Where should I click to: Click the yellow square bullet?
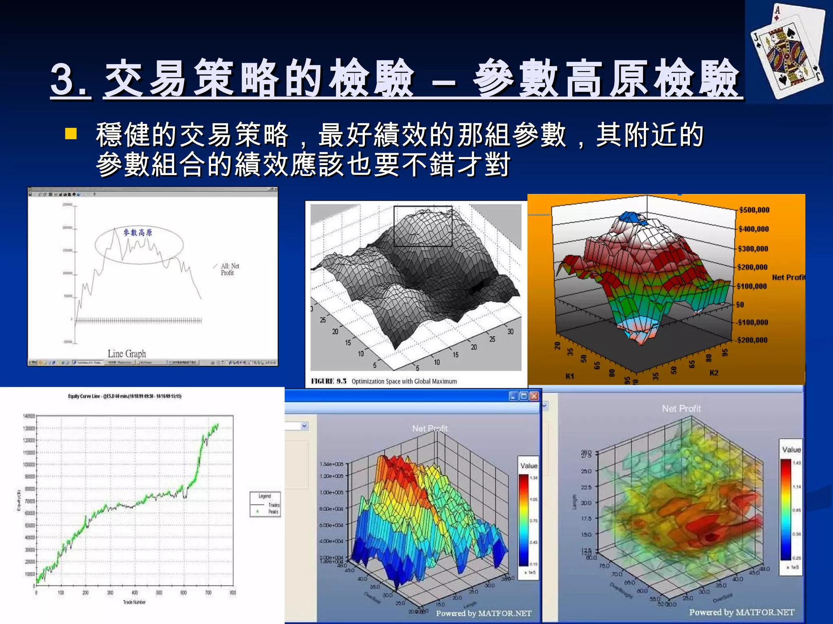71,134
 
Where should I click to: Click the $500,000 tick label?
754,210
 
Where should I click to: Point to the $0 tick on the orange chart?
740,304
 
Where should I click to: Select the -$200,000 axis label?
752,340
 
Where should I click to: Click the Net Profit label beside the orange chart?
788,277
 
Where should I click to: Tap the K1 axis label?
569,376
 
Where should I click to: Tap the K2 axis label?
714,373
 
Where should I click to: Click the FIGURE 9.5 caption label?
329,381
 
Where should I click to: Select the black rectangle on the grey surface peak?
423,226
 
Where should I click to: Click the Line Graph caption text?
126,353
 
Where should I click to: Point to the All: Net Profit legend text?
230,269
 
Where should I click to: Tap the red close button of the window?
534,396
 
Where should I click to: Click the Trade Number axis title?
134,602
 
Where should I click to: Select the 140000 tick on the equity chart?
29,416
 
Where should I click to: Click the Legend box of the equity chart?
265,504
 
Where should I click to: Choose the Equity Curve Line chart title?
124,396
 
